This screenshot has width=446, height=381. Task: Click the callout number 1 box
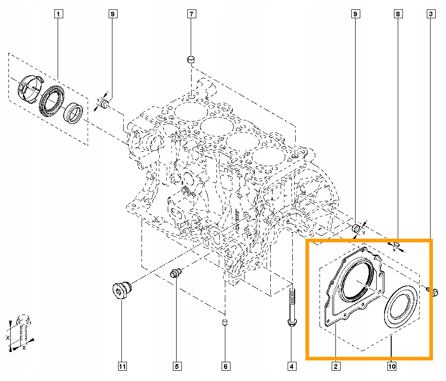(x=58, y=15)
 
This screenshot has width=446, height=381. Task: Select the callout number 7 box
(x=192, y=15)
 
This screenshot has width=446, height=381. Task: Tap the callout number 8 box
(x=398, y=15)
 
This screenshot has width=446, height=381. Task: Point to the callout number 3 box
(x=430, y=15)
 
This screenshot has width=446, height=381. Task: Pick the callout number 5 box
(x=176, y=366)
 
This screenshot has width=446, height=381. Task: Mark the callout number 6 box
(x=225, y=366)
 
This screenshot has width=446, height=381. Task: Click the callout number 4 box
(x=292, y=366)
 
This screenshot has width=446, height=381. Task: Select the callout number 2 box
(x=335, y=366)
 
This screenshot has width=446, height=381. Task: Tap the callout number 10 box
(x=392, y=366)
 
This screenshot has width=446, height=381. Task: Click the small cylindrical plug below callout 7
(x=191, y=59)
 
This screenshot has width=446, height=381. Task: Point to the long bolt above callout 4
(x=292, y=307)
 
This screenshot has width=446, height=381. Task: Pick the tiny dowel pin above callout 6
(x=225, y=322)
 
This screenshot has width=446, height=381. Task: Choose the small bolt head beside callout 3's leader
(x=433, y=293)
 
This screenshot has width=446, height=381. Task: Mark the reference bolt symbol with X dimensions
(x=22, y=330)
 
